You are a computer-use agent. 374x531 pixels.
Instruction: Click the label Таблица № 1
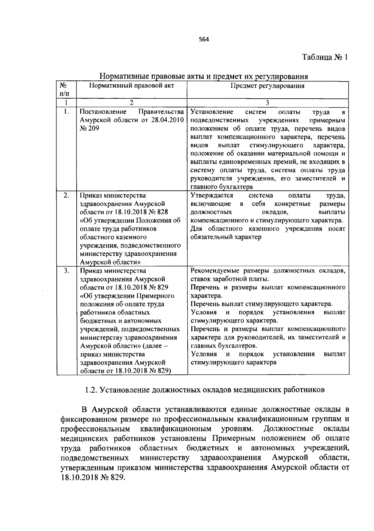324,57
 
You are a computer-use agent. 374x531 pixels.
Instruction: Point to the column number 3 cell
267,103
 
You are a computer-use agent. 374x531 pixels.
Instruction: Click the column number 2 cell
132,103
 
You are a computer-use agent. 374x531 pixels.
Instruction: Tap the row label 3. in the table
66,271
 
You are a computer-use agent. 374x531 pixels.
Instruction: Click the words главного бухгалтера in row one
221,187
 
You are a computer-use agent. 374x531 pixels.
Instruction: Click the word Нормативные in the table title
124,76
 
